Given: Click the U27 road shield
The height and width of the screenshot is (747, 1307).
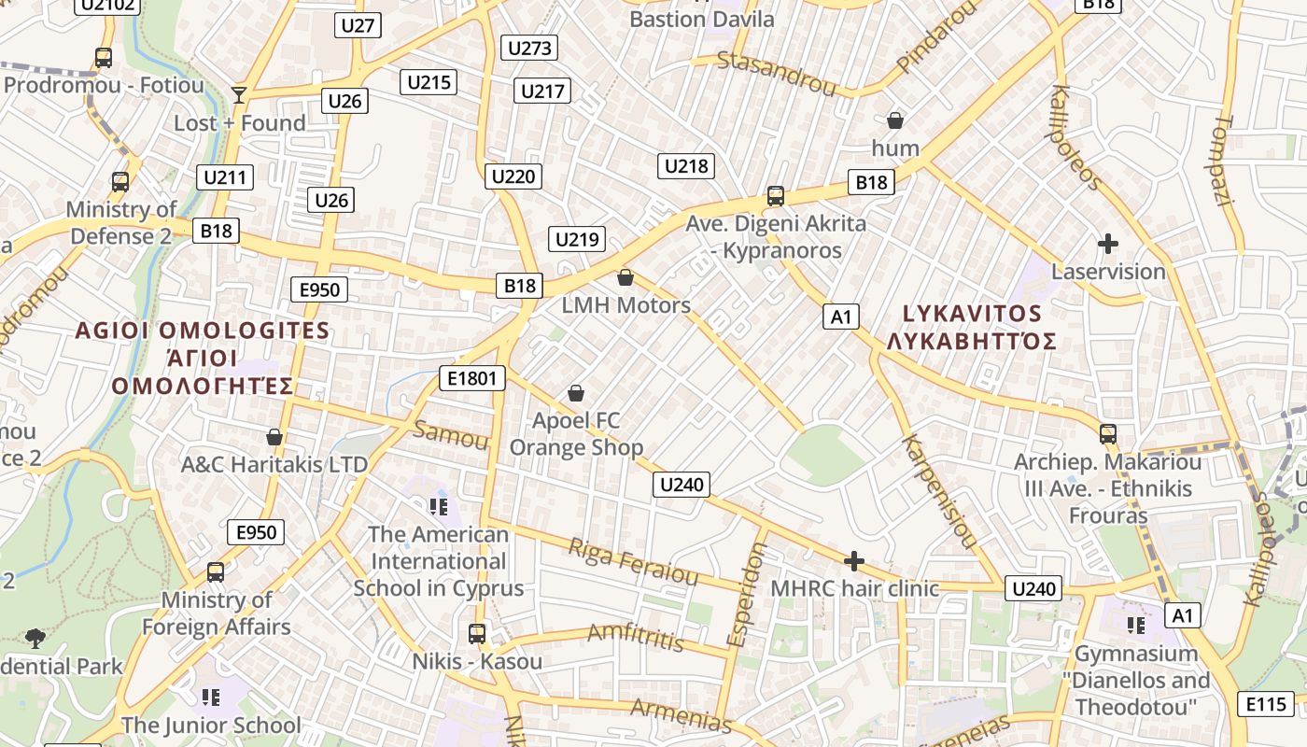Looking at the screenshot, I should pos(358,25).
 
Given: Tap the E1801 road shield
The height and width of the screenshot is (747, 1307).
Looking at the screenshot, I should pos(472,378).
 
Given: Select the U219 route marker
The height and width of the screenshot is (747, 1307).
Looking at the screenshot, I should pos(577,239).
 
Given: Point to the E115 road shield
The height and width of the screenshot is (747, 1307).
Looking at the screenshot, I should pos(1266,704).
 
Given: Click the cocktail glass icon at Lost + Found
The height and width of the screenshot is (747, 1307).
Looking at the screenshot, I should pos(239,94).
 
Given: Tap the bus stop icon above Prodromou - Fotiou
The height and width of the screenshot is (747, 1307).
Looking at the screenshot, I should pos(104,58).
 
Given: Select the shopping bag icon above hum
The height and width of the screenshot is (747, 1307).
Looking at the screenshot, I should pos(894,120).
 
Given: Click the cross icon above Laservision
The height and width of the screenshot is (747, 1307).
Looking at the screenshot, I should pos(1108,245).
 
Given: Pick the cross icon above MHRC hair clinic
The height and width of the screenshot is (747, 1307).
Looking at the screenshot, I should pos(853,561).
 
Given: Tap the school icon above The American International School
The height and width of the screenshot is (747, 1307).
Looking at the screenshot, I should pos(439,507).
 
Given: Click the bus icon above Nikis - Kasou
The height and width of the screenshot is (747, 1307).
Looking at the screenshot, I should pos(477,634).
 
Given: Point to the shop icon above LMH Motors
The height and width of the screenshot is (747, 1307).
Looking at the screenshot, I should pos(625,277).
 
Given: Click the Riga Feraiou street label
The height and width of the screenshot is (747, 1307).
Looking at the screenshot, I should pos(633,561).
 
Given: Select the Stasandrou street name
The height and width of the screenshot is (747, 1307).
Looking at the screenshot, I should pos(776,74).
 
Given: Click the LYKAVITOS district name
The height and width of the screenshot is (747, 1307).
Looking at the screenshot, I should pos(971,314).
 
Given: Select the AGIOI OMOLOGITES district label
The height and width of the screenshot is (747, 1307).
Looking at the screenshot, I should pos(203,331).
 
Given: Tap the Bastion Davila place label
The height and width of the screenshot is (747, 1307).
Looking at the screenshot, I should pos(702,19).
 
